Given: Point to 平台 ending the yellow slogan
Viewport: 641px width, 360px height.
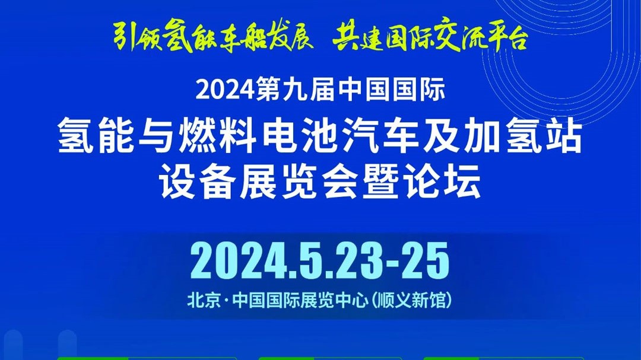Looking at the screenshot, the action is tap(504, 37).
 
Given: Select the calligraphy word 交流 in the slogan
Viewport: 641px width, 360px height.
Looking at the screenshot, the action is tap(456, 36).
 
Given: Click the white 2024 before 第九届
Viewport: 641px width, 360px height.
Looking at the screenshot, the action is tap(226, 90).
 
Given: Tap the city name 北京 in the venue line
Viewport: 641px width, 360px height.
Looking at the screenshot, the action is tap(204, 301).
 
